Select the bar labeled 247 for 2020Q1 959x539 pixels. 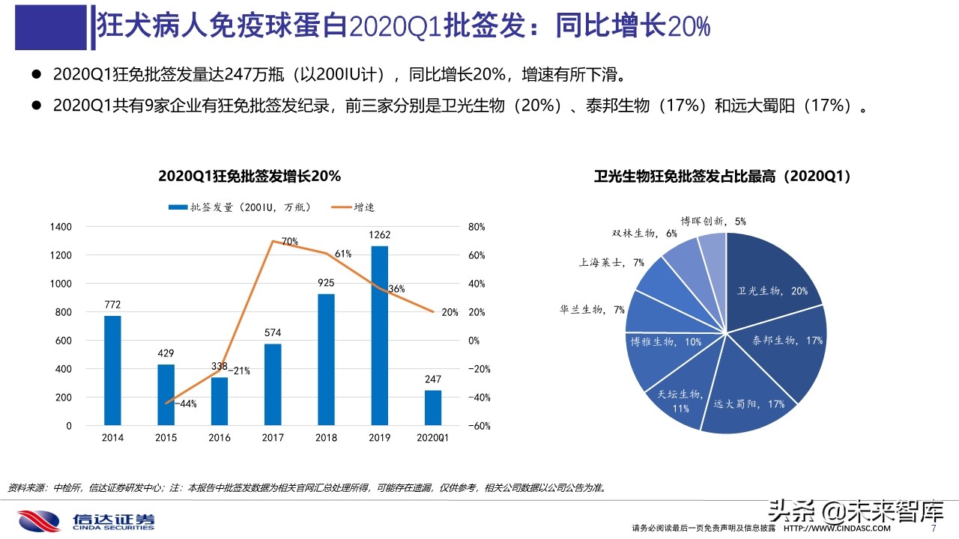point(433,407)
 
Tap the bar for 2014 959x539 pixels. point(112,370)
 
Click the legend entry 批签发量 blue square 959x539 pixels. point(178,207)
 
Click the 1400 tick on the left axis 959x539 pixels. point(61,227)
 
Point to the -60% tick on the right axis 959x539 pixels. point(479,426)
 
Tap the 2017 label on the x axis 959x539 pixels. point(273,439)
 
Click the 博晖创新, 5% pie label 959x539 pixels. point(713,221)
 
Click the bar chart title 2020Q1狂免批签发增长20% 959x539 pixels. point(249,177)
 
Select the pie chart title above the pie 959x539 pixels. point(722,177)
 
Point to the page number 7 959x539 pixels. point(933,528)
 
